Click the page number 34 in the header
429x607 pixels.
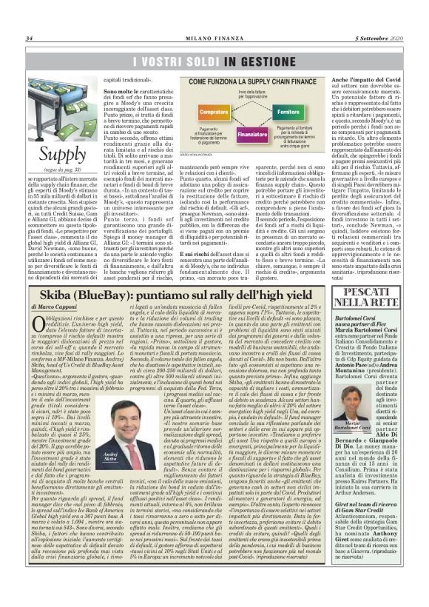pyautogui.click(x=30, y=38)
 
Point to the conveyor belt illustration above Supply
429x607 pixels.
pyautogui.click(x=62, y=110)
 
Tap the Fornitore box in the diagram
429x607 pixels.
pyautogui.click(x=288, y=111)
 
